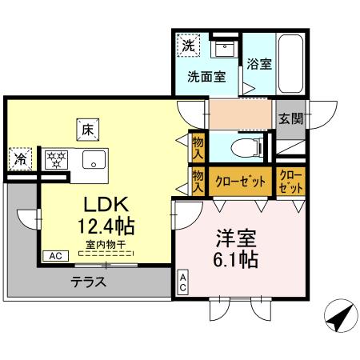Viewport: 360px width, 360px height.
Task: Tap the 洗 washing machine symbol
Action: (x=186, y=46)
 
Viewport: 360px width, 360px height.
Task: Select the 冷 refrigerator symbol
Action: (x=19, y=158)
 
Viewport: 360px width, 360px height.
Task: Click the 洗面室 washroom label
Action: (x=206, y=78)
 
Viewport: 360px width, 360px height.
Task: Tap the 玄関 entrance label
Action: (x=290, y=118)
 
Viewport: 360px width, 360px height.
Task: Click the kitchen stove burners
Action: (x=56, y=158)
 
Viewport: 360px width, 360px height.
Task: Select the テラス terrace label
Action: (x=89, y=282)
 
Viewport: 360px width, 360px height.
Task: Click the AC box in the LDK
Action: (x=55, y=256)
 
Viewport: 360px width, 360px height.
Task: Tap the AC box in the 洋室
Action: (x=182, y=282)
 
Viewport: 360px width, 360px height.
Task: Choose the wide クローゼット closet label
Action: (x=240, y=181)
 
